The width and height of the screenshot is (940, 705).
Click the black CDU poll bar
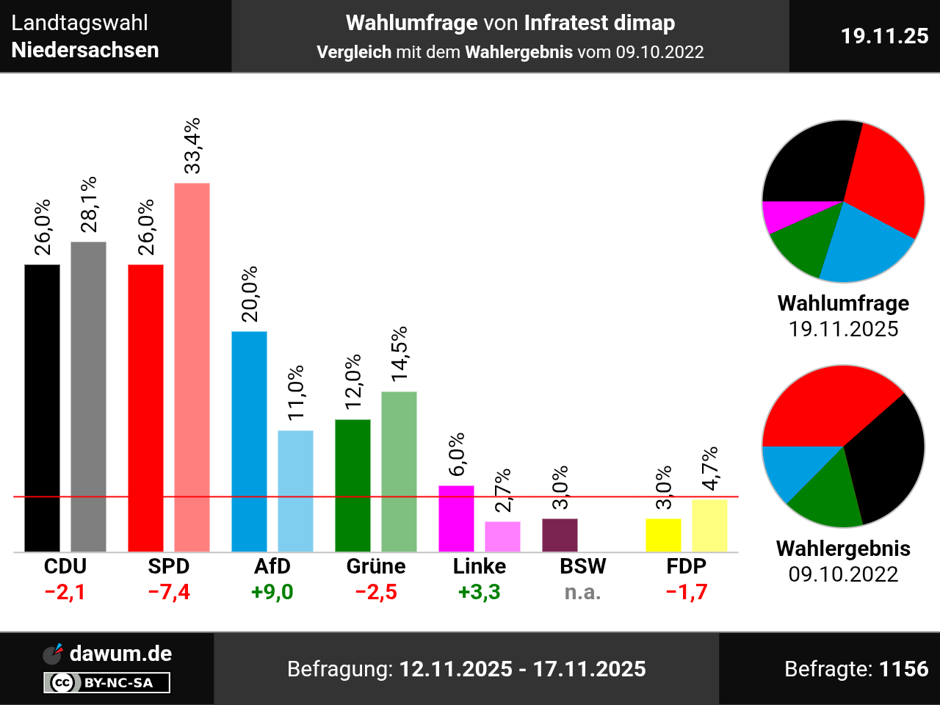pos(42,408)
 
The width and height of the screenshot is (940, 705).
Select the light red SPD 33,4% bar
pos(192,367)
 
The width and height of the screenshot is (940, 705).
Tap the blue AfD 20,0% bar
pos(249,441)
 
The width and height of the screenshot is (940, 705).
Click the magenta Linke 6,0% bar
pos(456,518)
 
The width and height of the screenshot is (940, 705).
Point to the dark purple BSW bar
pos(560,535)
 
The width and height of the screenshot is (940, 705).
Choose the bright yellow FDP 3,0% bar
pos(663,535)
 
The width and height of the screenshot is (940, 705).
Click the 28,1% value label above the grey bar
pos(89,204)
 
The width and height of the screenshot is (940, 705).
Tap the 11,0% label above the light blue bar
pos(296,393)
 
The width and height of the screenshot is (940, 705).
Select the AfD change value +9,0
pos(272,592)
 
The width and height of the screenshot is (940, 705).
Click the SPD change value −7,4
pos(169,592)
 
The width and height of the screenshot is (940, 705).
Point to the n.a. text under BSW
pos(583,592)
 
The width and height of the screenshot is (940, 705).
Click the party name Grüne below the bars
pos(376,566)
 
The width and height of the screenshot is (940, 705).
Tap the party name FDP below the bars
pos(687,566)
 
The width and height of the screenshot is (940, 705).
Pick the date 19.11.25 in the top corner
pos(884,36)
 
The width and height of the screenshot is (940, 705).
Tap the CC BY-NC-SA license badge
pos(107,683)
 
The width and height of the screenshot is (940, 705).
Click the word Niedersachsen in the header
pos(85,50)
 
